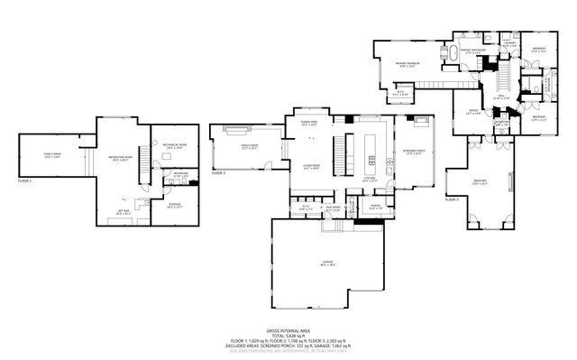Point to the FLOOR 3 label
(x=452, y=199)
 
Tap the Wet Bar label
(x=121, y=213)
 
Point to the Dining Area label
(x=308, y=122)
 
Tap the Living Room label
(x=313, y=168)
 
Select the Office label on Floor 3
(x=472, y=113)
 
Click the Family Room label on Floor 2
(x=248, y=146)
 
